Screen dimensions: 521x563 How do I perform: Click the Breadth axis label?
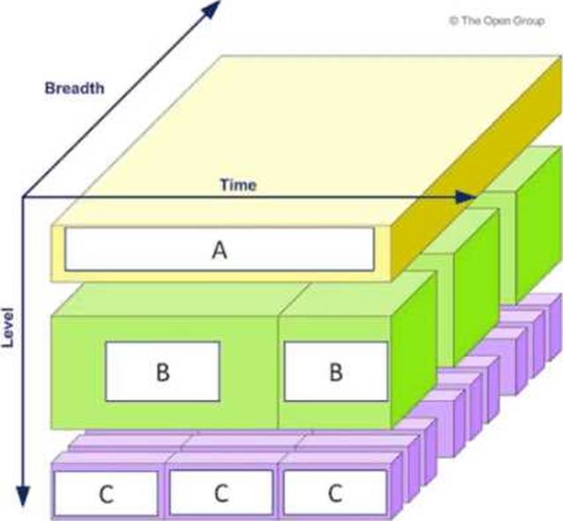75,87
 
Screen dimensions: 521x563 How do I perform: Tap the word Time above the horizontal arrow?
238,185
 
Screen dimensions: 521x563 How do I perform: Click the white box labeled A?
219,250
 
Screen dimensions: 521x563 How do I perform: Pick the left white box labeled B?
162,371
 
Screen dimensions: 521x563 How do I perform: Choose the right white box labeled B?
334,371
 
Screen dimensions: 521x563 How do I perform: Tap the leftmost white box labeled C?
106,493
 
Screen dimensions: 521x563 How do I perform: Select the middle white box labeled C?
221,493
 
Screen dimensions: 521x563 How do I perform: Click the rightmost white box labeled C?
334,493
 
